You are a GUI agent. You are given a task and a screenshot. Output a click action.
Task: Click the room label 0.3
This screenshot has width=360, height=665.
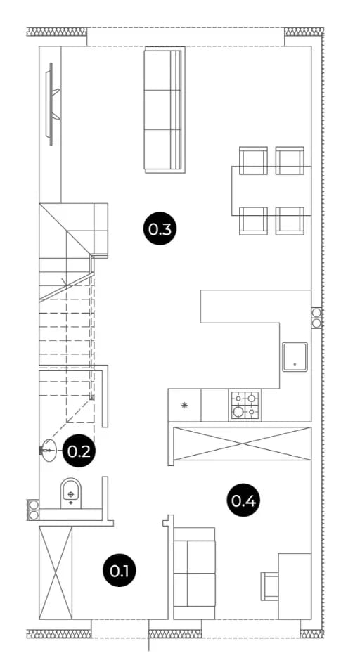pyautogui.click(x=160, y=229)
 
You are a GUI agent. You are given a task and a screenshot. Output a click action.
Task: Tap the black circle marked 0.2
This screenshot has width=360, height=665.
pyautogui.click(x=79, y=451)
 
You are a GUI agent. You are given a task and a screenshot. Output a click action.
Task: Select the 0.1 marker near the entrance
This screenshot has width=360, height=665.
pyautogui.click(x=120, y=571)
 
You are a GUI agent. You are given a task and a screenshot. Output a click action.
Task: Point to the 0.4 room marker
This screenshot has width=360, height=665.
pyautogui.click(x=243, y=501)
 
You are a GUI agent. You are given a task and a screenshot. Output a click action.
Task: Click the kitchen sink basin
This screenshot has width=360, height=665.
pyautogui.click(x=295, y=357)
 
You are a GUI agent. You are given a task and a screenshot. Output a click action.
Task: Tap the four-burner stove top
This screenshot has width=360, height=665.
pyautogui.click(x=245, y=406)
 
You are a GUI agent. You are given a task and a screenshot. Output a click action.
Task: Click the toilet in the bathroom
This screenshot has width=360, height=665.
pyautogui.click(x=70, y=493)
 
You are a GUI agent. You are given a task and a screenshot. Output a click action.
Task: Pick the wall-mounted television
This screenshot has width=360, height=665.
pyautogui.click(x=52, y=104)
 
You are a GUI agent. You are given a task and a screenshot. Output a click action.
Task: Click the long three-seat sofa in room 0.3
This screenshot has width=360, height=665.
pyautogui.click(x=165, y=110)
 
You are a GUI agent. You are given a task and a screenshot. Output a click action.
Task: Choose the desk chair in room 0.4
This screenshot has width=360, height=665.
pyautogui.click(x=270, y=586)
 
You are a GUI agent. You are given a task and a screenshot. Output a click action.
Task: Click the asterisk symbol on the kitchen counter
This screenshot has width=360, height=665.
pyautogui.click(x=184, y=405)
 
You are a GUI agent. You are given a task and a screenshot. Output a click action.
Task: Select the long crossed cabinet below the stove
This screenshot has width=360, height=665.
pyautogui.click(x=243, y=444)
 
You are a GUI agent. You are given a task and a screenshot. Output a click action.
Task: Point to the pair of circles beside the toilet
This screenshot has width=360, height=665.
pyautogui.click(x=33, y=510)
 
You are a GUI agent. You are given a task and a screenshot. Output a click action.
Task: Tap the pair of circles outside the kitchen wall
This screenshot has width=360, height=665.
pyautogui.click(x=316, y=318)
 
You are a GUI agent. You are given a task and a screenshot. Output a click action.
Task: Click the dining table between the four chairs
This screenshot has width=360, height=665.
pyautogui.click(x=271, y=191)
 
